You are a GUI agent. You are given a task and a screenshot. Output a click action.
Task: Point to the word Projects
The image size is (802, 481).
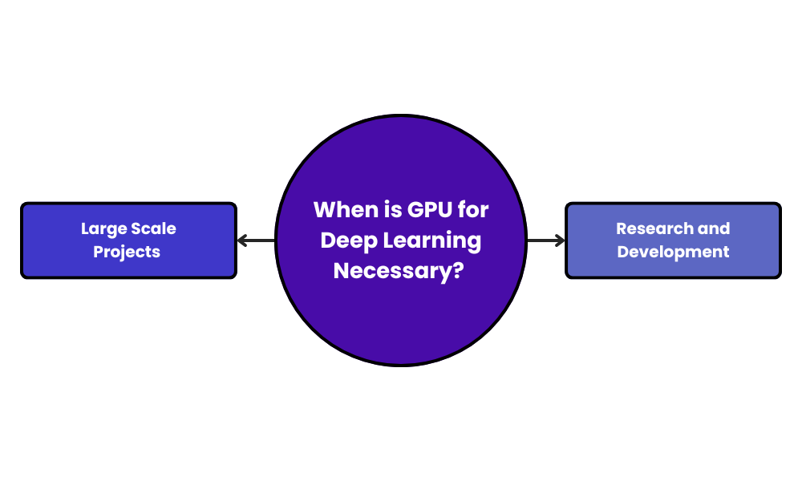click(x=127, y=253)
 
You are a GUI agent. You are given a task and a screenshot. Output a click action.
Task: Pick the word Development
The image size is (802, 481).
click(x=674, y=253)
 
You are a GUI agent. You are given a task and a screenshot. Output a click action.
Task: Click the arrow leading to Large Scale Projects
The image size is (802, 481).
click(x=257, y=240)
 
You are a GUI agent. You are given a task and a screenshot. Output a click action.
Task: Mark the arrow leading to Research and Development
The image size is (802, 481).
click(x=545, y=240)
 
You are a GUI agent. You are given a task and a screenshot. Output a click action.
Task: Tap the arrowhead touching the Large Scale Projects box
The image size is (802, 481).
click(x=241, y=240)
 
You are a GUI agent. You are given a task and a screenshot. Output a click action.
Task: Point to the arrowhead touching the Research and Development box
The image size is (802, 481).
click(x=561, y=240)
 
